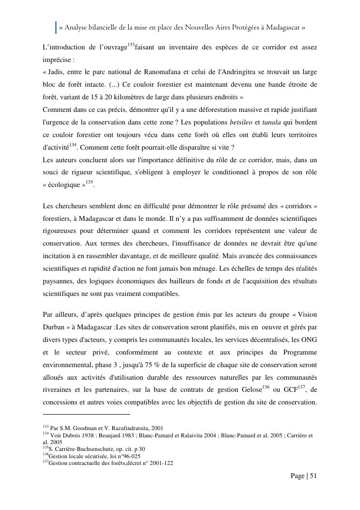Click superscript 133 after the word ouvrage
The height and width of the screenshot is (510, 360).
tap(131, 45)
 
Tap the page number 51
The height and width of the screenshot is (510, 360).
tap(313, 476)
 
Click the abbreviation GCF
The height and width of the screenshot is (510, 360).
tap(291, 389)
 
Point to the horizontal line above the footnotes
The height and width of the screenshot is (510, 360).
tap(87, 414)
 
